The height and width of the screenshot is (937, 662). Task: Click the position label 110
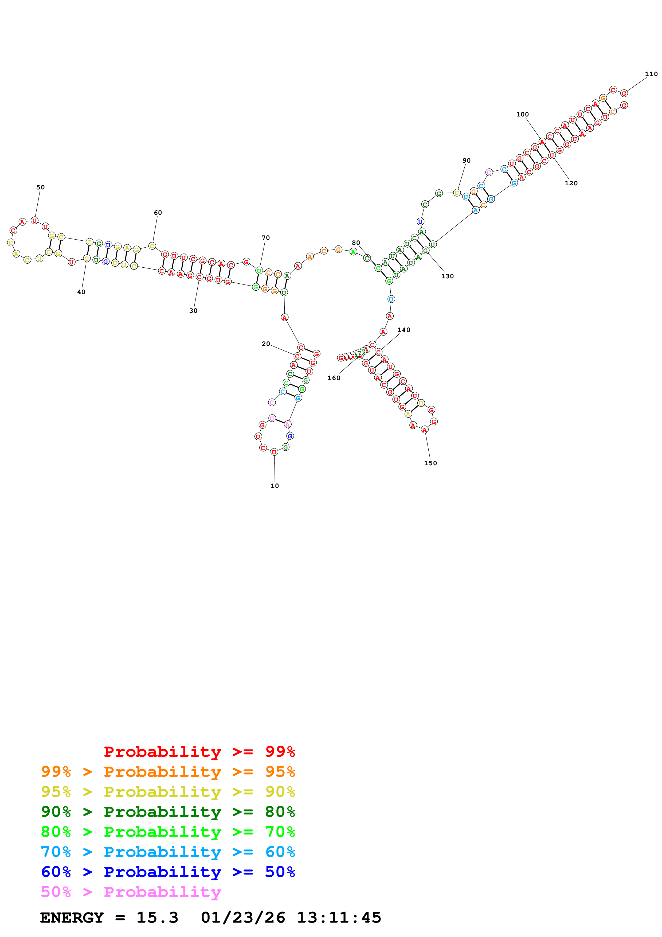[x=651, y=74]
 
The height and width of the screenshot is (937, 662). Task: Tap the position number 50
[x=40, y=187]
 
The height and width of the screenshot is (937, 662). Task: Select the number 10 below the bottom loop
[x=275, y=486]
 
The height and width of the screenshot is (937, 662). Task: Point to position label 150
[x=430, y=463]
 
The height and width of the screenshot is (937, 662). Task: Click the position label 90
[x=467, y=161]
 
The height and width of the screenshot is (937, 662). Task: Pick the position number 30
[x=193, y=311]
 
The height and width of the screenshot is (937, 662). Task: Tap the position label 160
[x=334, y=378]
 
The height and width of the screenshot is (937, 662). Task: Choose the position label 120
[x=571, y=183]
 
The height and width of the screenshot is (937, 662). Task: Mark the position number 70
[x=265, y=238]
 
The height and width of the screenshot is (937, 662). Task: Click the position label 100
[x=523, y=115]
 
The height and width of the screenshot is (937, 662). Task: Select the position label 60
[x=158, y=213]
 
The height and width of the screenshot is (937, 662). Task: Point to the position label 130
[x=448, y=276]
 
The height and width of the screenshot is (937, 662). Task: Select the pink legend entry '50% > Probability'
[x=131, y=892]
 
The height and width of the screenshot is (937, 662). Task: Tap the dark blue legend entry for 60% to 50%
[x=168, y=872]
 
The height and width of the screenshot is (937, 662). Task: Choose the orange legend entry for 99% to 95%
[x=168, y=772]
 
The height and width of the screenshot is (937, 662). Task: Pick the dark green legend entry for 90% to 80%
[x=168, y=812]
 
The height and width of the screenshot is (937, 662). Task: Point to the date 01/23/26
[x=243, y=918]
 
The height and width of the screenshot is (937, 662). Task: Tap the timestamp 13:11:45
[x=339, y=918]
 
